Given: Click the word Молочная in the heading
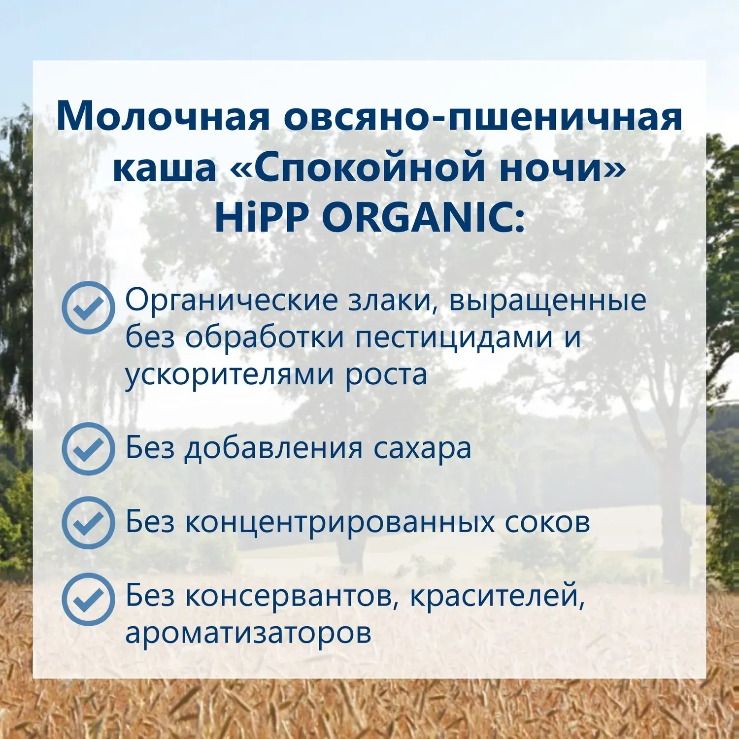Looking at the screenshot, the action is (x=163, y=116).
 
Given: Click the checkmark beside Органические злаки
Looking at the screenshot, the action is (x=88, y=308).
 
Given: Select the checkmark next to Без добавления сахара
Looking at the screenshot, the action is (x=88, y=449).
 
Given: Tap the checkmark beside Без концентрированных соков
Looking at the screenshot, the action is (x=88, y=523).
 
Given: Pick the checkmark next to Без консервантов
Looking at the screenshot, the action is (x=88, y=600).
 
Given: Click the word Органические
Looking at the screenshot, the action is (x=232, y=301).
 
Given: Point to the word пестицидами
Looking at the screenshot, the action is (x=454, y=338).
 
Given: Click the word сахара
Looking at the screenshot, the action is (x=422, y=449).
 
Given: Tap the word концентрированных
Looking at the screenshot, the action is (x=339, y=523).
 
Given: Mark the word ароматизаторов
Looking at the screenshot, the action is (x=248, y=634).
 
